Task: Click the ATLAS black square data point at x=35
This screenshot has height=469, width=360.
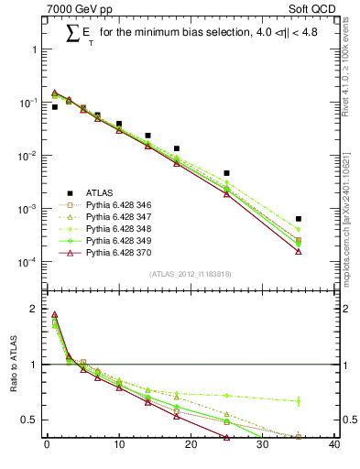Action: [299, 219]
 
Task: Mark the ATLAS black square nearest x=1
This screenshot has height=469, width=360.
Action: [54, 107]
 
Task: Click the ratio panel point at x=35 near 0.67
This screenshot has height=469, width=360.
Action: [299, 400]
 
